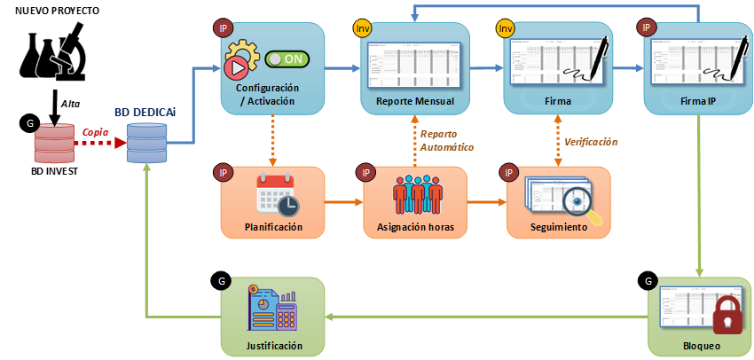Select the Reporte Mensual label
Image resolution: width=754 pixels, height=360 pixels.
tap(415, 101)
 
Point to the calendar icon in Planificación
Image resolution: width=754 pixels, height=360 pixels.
tap(275, 194)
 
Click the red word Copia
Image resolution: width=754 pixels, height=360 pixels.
tap(96, 132)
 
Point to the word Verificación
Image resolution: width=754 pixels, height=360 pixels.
tap(591, 142)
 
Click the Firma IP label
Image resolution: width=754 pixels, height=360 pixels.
tap(698, 101)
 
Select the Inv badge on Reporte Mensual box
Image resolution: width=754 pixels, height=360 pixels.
tap(363, 28)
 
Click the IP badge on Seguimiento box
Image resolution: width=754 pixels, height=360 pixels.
tap(508, 172)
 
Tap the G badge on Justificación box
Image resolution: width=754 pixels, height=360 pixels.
tap(222, 283)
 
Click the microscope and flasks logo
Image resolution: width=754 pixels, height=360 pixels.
tap(53, 55)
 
